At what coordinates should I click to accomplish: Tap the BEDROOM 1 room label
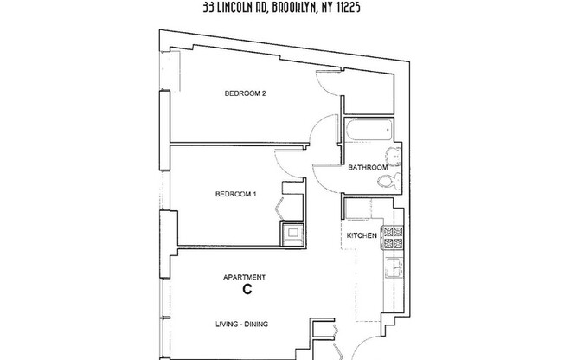click(x=236, y=195)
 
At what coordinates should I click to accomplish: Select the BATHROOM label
click(x=367, y=168)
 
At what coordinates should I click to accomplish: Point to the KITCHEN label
click(x=361, y=235)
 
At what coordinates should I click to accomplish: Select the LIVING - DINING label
click(x=241, y=325)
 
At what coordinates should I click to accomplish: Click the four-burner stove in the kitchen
click(x=394, y=239)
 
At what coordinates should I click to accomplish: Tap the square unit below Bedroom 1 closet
click(x=291, y=232)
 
